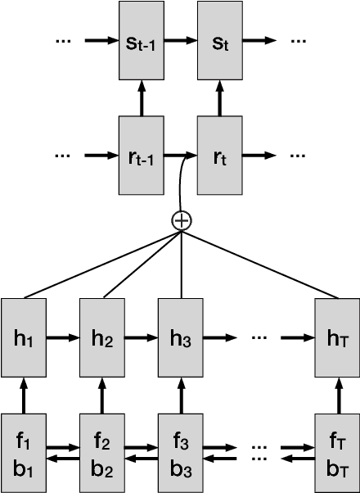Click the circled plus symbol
coord(180,219)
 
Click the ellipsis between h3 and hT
coord(261,337)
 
